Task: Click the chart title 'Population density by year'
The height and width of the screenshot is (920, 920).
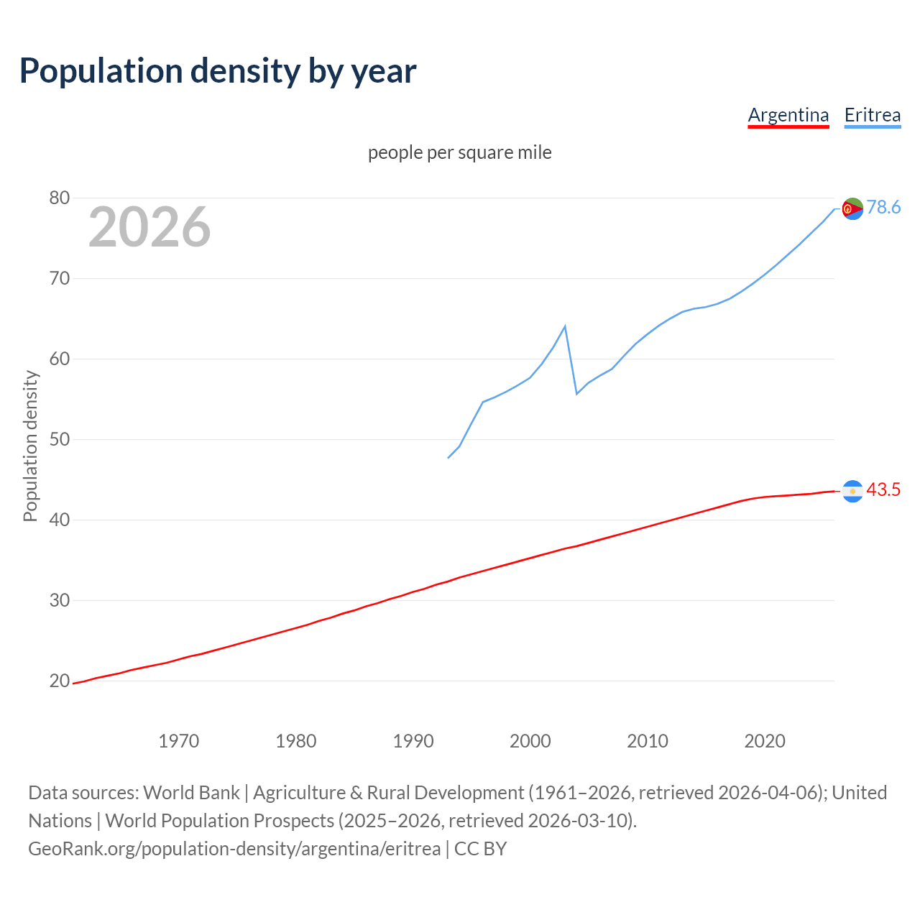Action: pos(218,71)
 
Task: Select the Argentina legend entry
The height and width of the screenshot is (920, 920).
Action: pos(788,115)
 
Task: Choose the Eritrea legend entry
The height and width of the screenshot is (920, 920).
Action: pos(872,115)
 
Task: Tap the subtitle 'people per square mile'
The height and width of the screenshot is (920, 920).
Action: pos(459,152)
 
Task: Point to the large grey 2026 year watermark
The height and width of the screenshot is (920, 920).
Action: pos(149,227)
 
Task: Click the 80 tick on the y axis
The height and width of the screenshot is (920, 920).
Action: pos(60,198)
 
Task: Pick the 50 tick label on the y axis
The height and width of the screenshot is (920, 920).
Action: pos(60,439)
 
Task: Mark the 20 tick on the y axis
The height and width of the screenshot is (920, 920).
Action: pos(60,681)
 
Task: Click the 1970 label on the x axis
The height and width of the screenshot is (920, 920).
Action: pos(178,740)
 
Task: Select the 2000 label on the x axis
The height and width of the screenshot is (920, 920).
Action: pos(530,740)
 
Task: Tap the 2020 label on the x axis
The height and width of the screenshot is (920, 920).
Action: pos(764,740)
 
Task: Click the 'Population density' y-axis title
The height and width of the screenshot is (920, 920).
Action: pos(30,446)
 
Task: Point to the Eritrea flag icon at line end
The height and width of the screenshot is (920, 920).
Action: pos(852,208)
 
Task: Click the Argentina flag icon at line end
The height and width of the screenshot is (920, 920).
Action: pos(852,491)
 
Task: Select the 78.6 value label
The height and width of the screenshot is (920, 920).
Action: pos(883,208)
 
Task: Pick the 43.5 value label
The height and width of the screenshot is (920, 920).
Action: pos(883,490)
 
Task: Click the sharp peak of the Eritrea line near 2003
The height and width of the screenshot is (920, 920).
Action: pos(565,326)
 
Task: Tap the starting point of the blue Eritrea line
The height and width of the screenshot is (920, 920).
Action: pos(448,458)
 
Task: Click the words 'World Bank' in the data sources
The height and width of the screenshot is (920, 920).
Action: pos(191,793)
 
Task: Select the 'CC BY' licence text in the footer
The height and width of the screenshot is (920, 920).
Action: pos(480,849)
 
